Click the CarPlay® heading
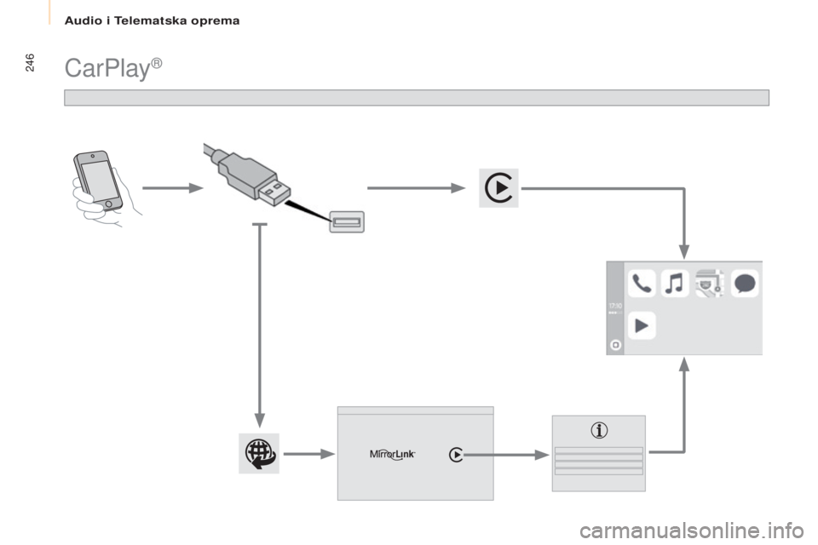coord(110,68)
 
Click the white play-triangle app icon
coord(642,325)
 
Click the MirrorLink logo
coord(392,455)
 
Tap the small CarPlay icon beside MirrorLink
coord(456,455)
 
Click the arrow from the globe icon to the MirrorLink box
coord(308,455)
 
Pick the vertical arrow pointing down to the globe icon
coord(260,341)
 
